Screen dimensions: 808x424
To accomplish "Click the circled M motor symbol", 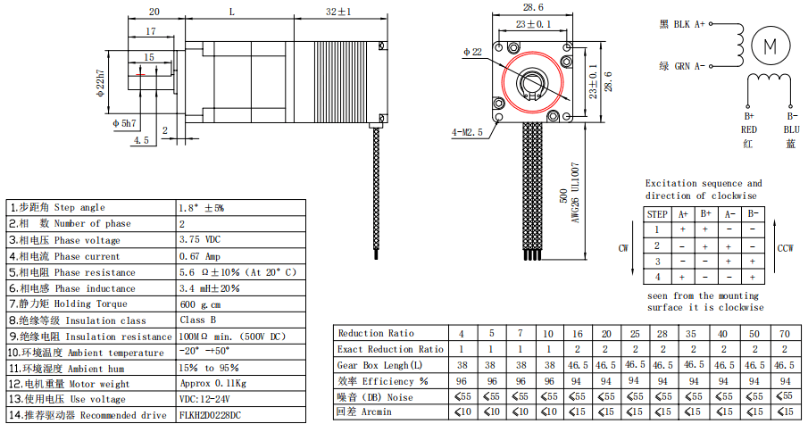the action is [771, 46].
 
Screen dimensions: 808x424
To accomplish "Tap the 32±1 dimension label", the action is [338, 12].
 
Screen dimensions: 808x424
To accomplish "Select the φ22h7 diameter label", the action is [101, 83].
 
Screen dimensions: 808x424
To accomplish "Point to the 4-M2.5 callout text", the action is [467, 132].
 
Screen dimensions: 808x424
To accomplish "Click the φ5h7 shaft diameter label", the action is [124, 123].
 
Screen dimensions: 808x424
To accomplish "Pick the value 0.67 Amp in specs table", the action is [200, 256].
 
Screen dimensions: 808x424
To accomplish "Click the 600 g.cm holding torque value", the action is [201, 304].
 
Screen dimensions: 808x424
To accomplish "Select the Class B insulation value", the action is [198, 320].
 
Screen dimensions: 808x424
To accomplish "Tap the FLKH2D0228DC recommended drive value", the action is [210, 415].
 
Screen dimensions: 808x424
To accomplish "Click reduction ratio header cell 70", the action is [785, 334].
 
